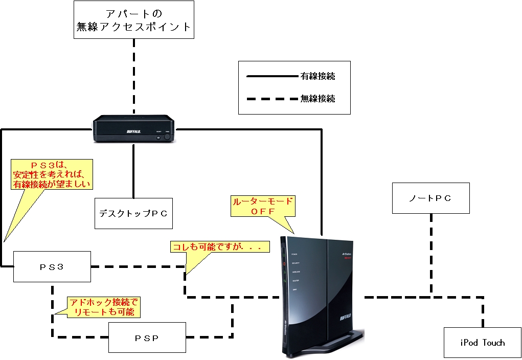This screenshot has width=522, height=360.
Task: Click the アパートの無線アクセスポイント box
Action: (134, 19)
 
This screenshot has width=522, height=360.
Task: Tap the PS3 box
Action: (52, 266)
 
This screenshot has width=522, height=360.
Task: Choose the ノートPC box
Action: (430, 198)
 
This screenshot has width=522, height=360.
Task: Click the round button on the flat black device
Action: (166, 137)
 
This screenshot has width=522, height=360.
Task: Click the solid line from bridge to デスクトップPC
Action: (133, 171)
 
